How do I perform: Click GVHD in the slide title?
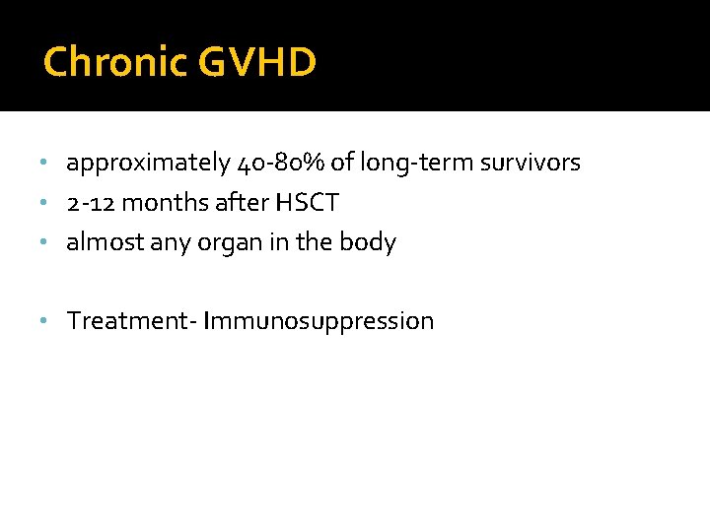[x=256, y=62]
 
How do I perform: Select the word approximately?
[x=149, y=164]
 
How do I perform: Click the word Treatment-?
[x=131, y=321]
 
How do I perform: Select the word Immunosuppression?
[x=319, y=322]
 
